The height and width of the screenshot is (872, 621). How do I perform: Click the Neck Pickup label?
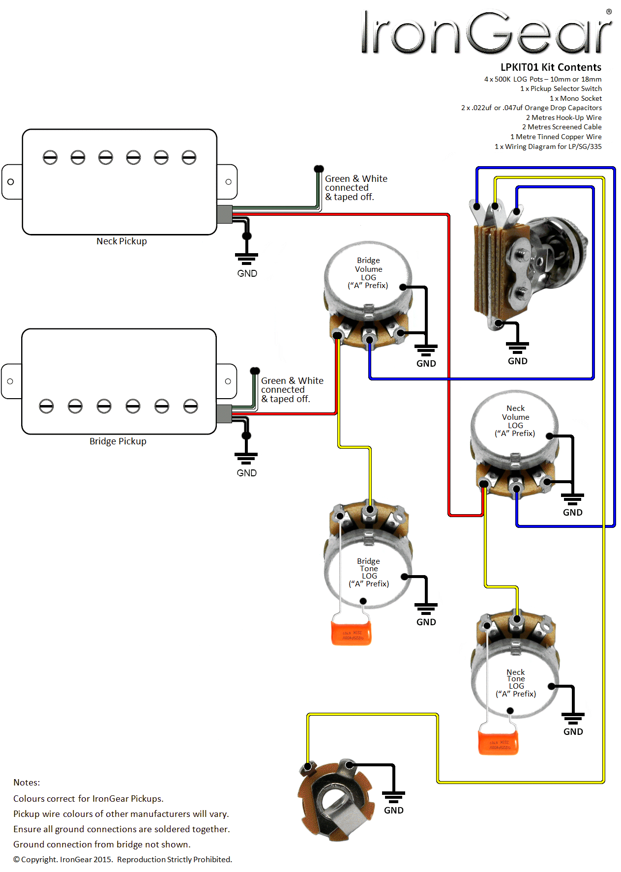tap(121, 241)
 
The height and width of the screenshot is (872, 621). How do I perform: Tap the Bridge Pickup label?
tap(118, 441)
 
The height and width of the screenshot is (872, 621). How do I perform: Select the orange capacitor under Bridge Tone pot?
tap(351, 633)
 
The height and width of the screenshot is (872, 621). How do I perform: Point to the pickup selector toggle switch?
tap(526, 265)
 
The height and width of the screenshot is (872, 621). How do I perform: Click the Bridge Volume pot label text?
tap(368, 273)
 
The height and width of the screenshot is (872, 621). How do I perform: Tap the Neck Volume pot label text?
tap(515, 421)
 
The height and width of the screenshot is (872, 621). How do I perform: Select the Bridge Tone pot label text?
tap(369, 572)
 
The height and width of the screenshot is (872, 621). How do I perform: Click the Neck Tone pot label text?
tap(516, 683)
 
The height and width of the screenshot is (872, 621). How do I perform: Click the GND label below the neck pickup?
tap(247, 274)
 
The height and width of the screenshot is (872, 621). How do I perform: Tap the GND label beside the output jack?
tap(393, 811)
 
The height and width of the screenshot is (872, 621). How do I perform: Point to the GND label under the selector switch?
tap(517, 361)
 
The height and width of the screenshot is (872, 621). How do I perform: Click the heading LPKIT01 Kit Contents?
tap(551, 67)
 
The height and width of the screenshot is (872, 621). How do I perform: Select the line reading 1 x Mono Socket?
tap(575, 98)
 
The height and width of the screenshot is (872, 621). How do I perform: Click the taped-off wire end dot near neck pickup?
tap(319, 169)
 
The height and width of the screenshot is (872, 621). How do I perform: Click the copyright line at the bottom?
tap(122, 860)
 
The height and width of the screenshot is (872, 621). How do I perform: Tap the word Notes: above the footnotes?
tap(27, 783)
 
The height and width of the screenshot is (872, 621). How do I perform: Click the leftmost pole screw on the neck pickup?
tap(50, 158)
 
